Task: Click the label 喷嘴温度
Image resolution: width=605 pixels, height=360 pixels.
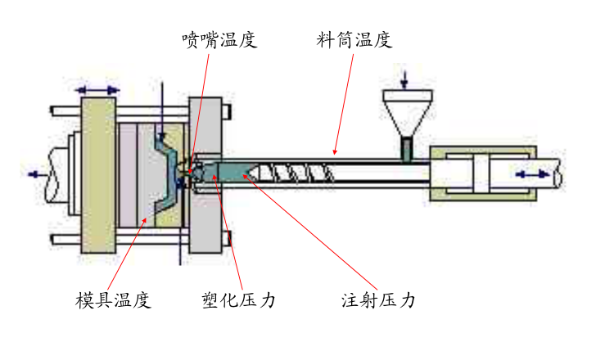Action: pos(219,39)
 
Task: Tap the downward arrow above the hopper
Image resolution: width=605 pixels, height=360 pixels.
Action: pos(404,80)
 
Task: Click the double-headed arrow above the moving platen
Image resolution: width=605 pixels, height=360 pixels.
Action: pos(99,88)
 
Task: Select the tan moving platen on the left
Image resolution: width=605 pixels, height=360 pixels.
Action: pos(99,173)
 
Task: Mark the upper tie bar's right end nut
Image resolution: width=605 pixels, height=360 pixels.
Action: pos(228,110)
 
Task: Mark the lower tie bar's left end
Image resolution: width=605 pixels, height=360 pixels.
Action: pos(55,239)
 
